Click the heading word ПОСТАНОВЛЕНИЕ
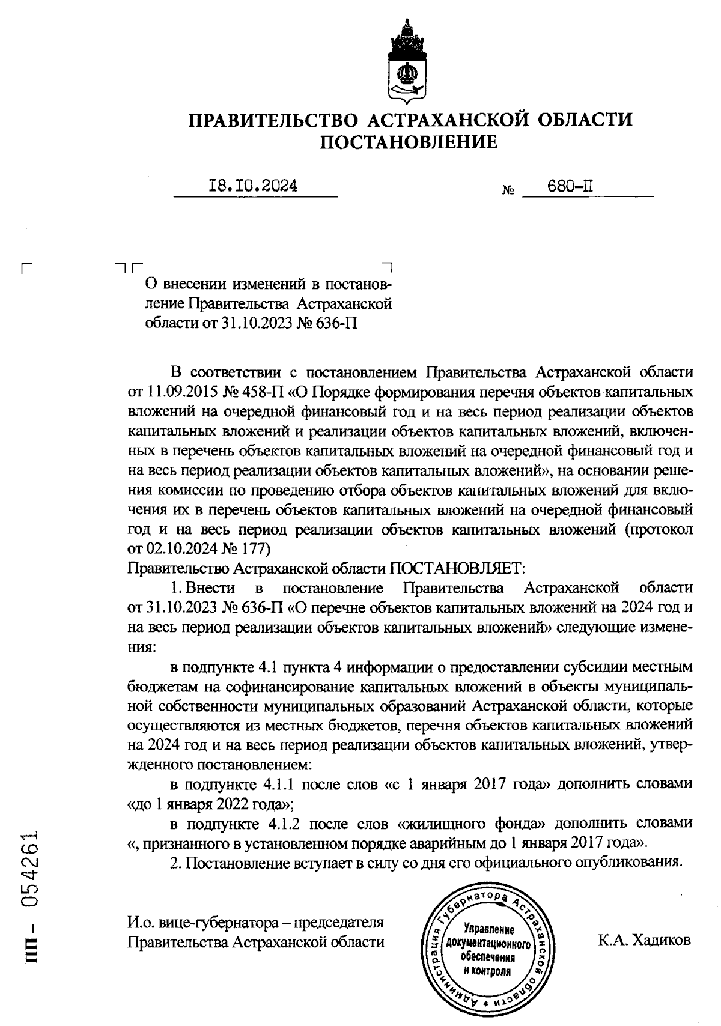pos(410,143)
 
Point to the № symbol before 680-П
pos(507,191)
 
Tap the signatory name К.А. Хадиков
pos(644,940)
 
